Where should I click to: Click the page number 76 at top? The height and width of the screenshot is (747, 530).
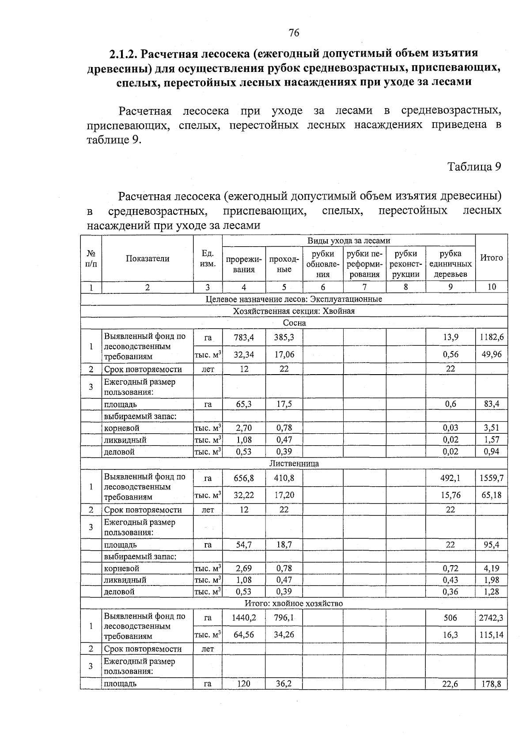[294, 33]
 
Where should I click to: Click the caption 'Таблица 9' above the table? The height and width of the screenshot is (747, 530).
[474, 167]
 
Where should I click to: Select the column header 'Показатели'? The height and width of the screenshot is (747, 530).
[148, 259]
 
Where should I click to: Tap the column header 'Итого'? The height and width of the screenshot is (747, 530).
[491, 258]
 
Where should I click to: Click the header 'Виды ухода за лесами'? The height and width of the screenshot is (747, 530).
[348, 241]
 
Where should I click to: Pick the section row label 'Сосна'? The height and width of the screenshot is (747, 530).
[294, 323]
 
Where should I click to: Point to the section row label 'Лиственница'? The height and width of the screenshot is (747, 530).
[294, 464]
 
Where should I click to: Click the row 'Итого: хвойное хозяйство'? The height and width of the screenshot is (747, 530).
[294, 604]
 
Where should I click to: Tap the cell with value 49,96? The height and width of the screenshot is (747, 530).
[491, 354]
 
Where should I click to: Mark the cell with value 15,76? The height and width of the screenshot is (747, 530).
[450, 495]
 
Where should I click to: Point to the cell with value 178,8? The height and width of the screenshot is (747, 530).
[491, 684]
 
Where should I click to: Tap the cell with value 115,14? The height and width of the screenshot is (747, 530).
[491, 635]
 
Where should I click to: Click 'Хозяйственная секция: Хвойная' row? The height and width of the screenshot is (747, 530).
[294, 311]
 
